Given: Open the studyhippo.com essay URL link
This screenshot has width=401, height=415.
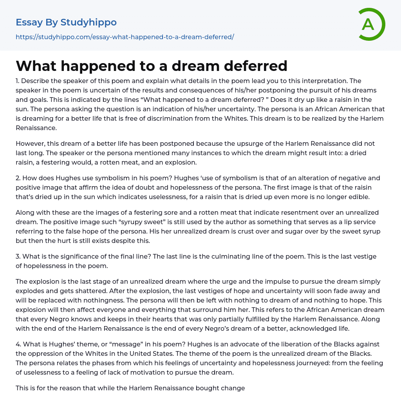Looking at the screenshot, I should coord(125,37).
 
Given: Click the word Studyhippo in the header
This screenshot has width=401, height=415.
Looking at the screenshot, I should coord(89,22).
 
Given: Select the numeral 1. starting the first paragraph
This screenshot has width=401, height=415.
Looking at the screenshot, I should coord(18,81).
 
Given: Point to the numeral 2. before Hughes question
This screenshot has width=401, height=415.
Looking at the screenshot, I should coord(18,178).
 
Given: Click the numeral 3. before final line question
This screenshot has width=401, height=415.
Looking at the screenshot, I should coord(18,257).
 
